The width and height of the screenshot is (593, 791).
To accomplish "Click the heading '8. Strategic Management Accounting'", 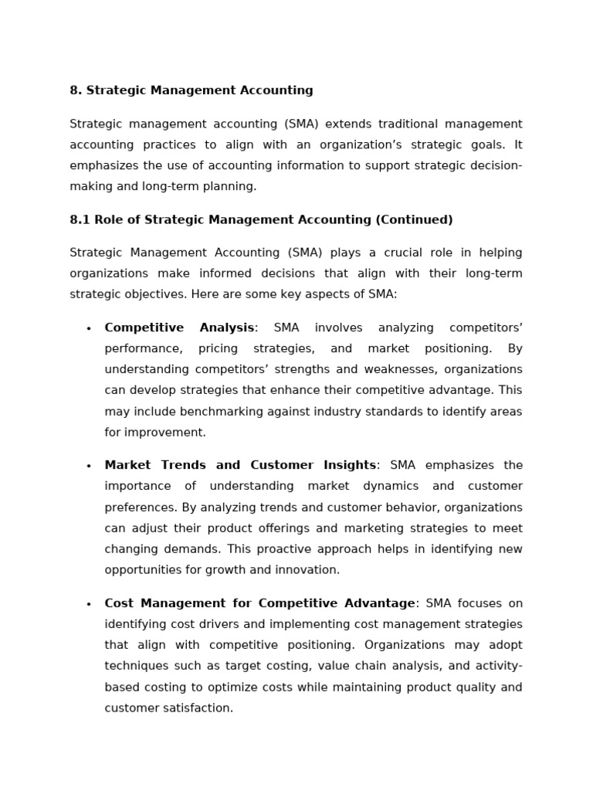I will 191,90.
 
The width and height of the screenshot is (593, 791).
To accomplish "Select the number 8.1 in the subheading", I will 80,220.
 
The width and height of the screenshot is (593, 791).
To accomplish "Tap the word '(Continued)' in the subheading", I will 414,220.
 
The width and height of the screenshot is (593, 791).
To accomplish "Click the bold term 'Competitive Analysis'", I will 179,328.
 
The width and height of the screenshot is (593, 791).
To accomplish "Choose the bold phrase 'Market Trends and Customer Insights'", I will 240,465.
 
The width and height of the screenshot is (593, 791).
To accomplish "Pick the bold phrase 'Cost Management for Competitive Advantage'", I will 259,603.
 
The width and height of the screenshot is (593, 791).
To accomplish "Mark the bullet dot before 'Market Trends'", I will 89,467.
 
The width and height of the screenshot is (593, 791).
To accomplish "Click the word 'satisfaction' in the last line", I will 197,708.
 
